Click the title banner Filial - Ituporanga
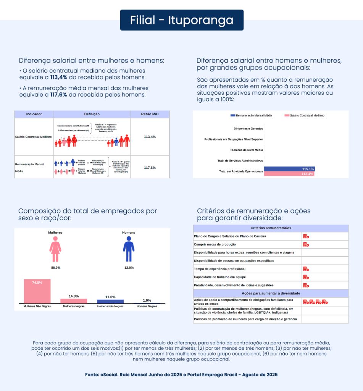point(182,20)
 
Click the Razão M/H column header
point(150,114)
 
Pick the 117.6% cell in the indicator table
point(150,168)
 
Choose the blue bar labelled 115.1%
point(289,169)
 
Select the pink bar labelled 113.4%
point(289,174)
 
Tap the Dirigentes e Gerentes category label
point(248,129)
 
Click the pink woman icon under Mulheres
point(55,249)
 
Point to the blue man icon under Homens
point(129,249)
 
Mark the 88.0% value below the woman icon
point(56,268)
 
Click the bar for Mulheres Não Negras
point(37,291)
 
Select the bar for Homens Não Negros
point(110,301)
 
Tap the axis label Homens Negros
point(147,306)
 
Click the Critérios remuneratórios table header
point(271,228)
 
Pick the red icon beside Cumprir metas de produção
point(306,244)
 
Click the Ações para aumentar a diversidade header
point(271,293)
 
